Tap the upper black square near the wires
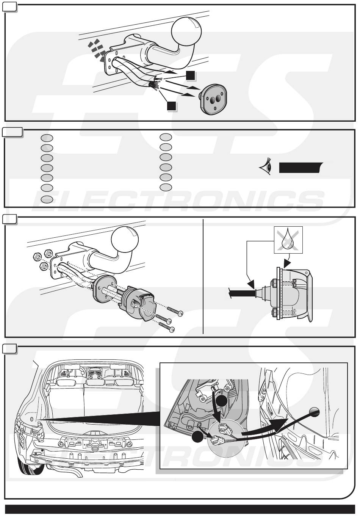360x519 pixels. tap(190, 75)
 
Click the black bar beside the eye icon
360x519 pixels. tap(299, 167)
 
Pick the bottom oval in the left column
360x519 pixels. tap(47, 199)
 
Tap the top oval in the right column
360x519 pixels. tap(166, 137)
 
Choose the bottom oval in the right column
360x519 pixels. tap(166, 187)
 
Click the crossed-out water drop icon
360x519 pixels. tap(288, 240)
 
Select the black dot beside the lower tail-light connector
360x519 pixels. tap(197, 437)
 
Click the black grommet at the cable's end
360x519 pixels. tap(314, 412)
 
